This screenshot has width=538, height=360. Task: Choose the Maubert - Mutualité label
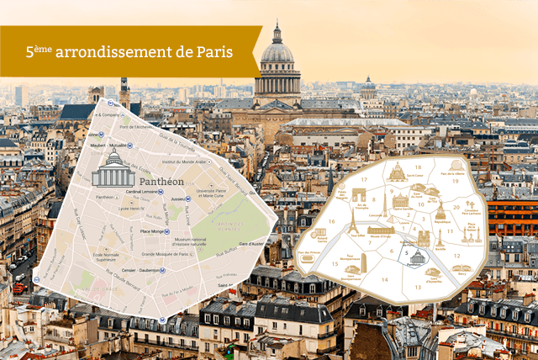(110, 145)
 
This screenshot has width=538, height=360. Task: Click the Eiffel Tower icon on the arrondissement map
(353, 223)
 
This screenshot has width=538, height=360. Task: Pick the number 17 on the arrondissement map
(364, 178)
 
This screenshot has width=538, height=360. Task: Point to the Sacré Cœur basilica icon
(397, 173)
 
